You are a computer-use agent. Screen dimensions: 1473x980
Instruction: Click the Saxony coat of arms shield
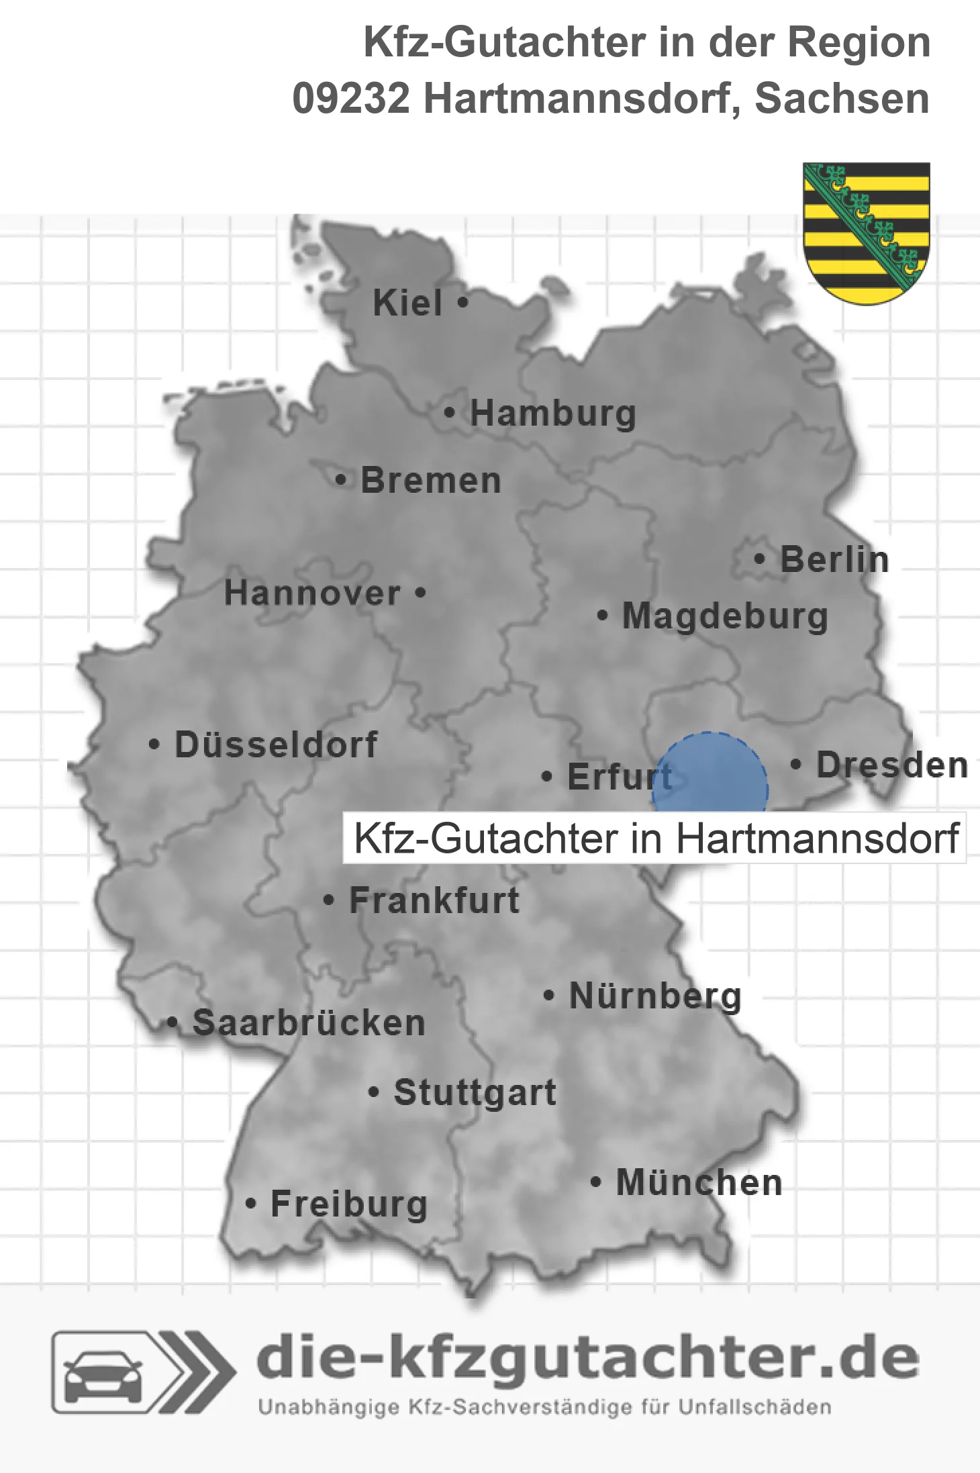point(866,232)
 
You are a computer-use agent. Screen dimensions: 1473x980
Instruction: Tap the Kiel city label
point(407,303)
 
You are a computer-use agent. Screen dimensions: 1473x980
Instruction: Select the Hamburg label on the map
point(552,413)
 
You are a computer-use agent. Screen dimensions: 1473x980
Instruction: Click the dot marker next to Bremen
point(341,480)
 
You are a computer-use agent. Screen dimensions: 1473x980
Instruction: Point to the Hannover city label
point(312,593)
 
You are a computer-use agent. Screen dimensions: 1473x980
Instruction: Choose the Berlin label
point(834,559)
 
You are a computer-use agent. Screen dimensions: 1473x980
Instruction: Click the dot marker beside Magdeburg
point(603,615)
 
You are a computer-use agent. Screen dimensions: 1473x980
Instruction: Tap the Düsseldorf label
point(276,744)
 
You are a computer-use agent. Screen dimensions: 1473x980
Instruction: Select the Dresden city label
point(892,765)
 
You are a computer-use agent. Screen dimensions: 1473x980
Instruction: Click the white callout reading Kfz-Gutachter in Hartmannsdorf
point(654,839)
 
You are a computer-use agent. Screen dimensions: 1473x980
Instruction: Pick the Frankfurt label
point(434,900)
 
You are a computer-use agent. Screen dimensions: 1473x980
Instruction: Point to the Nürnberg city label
point(655,996)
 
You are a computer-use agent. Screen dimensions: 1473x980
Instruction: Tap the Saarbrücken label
point(309,1023)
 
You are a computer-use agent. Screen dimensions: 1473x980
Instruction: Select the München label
point(699,1182)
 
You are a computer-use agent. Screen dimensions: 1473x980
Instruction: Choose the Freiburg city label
point(349,1204)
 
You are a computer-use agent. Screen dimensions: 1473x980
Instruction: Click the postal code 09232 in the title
point(350,99)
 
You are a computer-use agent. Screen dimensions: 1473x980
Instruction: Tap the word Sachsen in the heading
point(842,99)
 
